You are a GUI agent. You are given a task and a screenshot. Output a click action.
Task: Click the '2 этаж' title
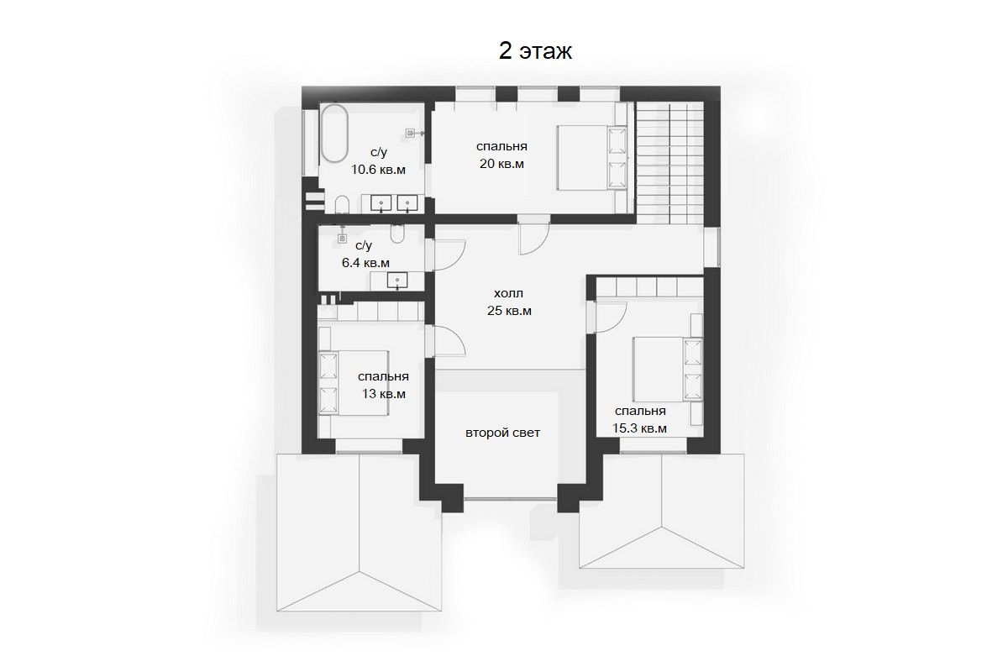click(535, 51)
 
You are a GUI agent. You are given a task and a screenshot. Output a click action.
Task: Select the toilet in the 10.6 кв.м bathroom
click(343, 204)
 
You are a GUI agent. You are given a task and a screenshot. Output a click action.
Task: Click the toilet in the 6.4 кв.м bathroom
click(397, 234)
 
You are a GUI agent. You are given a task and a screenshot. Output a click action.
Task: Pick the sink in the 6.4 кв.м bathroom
click(398, 280)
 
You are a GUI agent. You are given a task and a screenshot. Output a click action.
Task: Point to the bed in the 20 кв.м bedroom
click(591, 158)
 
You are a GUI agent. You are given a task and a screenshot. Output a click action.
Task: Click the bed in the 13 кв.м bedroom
click(354, 383)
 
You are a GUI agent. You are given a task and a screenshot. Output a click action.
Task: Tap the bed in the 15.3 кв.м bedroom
click(667, 369)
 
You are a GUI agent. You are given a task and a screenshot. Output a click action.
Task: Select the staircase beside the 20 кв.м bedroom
click(669, 163)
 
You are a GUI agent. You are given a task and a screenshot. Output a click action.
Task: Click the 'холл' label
click(508, 293)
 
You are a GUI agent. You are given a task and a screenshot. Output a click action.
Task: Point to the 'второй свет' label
click(502, 433)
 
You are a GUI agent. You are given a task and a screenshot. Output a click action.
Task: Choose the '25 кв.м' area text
click(509, 311)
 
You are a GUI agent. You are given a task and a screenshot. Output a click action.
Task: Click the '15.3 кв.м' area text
click(639, 428)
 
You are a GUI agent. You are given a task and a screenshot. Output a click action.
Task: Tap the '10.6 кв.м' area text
click(379, 170)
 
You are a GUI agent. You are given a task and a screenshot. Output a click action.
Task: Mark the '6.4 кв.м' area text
click(366, 262)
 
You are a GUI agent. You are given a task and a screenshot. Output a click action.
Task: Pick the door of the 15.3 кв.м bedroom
click(607, 317)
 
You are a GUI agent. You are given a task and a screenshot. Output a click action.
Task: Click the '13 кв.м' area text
click(384, 394)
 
